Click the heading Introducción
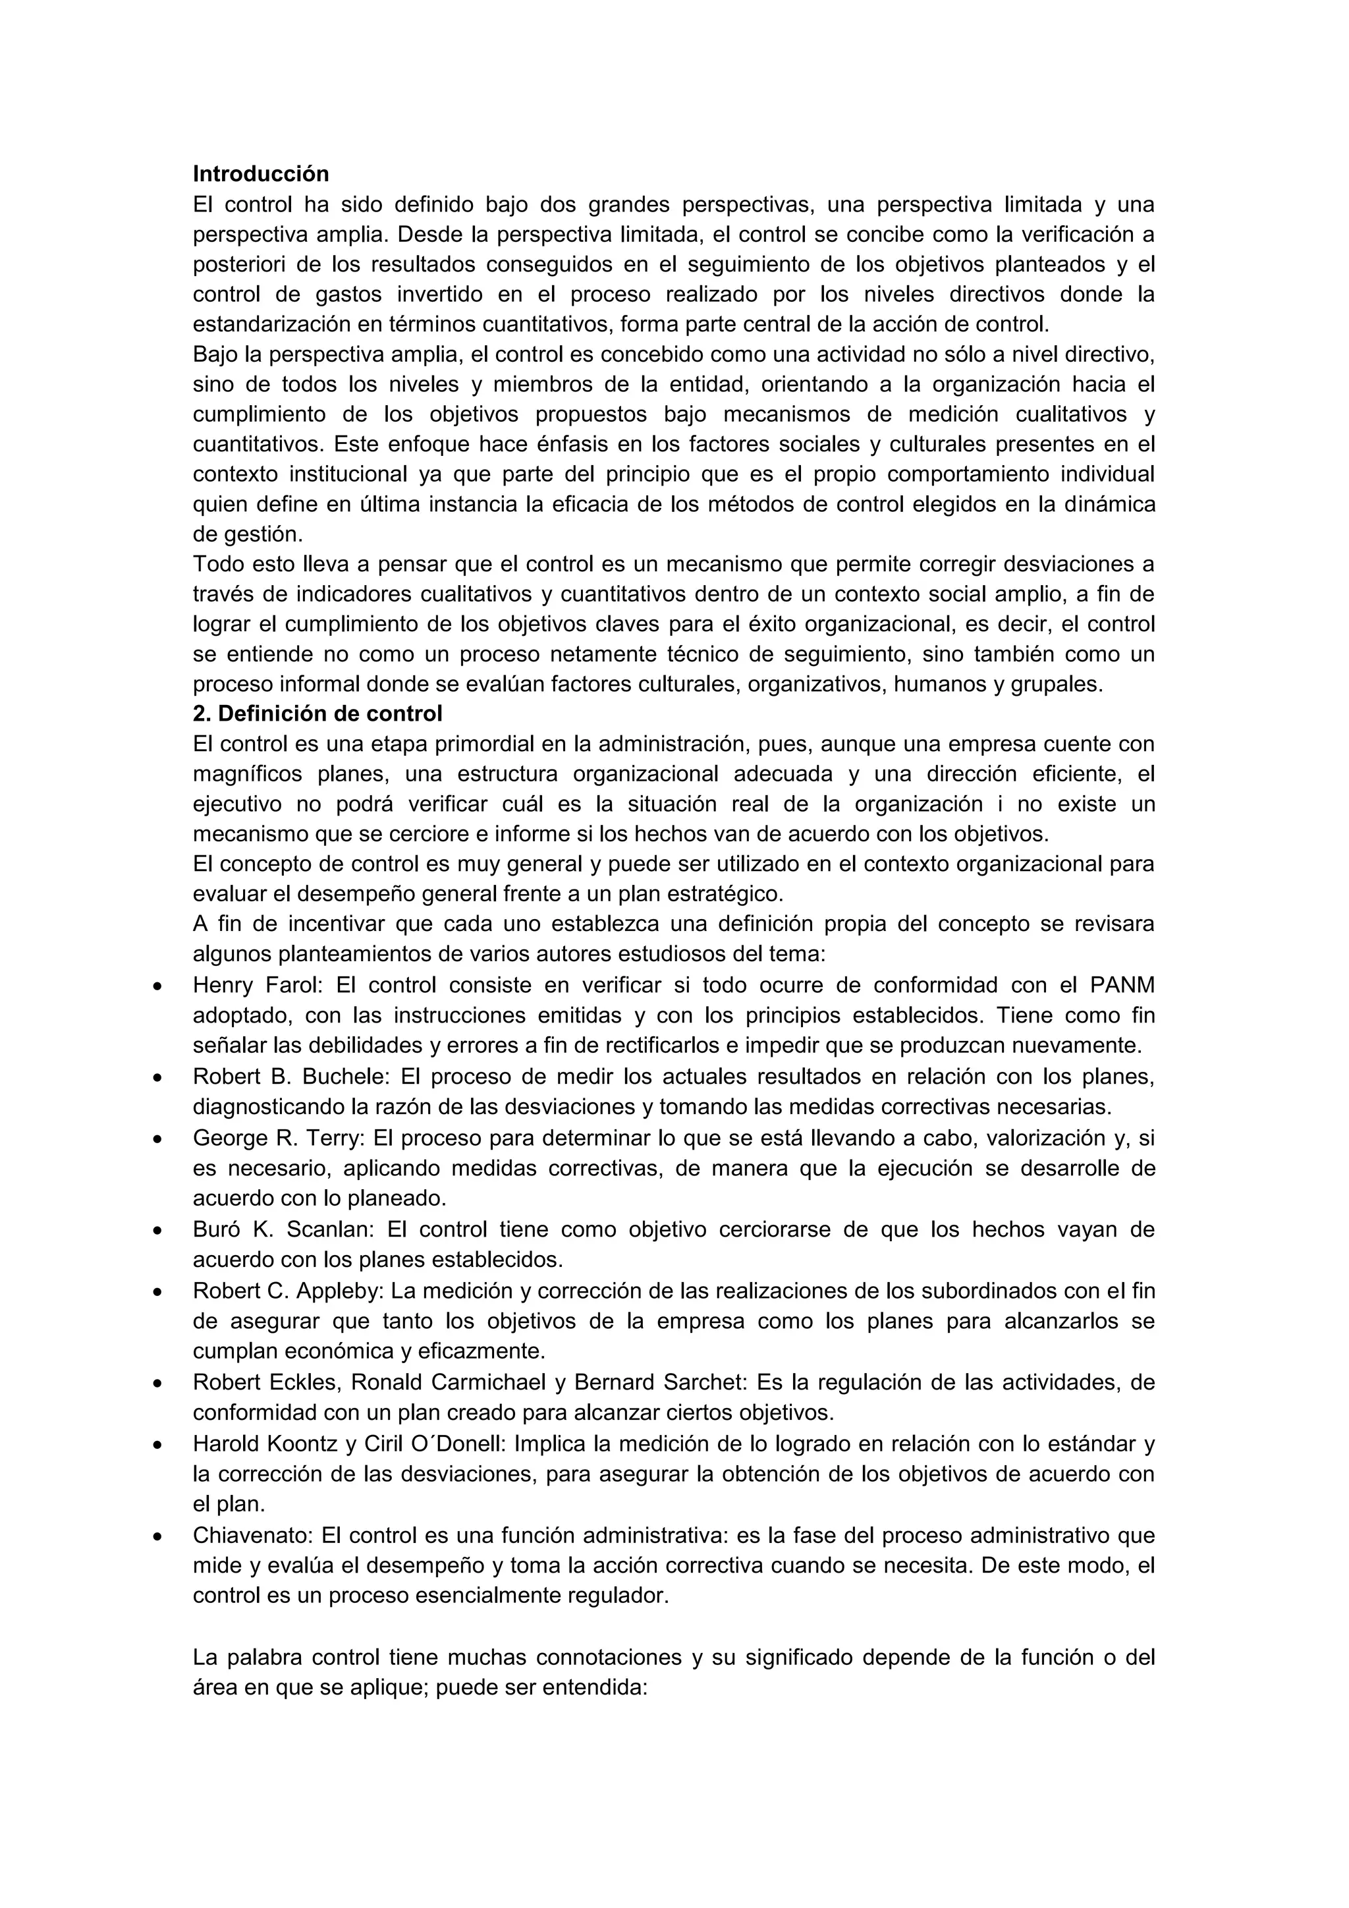[261, 174]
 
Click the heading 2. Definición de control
[317, 714]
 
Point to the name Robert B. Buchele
[290, 1077]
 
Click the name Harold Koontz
[267, 1444]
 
